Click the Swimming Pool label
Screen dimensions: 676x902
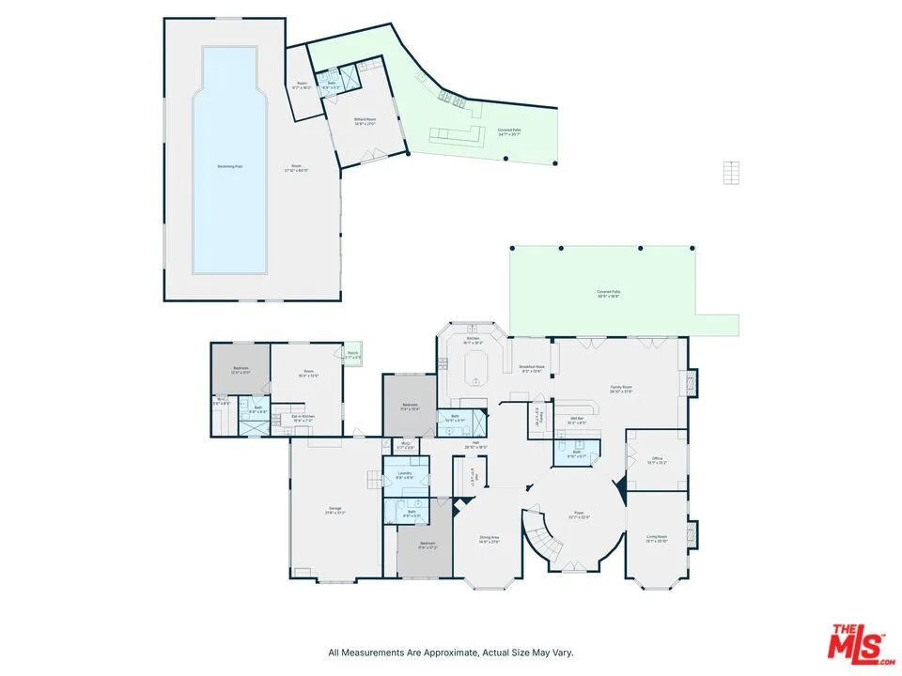230,166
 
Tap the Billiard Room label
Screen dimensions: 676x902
365,122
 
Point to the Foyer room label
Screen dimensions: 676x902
581,515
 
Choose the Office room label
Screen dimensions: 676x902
657,459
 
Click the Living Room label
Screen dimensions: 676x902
657,537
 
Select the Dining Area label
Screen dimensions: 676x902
489,538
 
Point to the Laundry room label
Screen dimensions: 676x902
405,473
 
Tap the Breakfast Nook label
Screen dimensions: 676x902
532,367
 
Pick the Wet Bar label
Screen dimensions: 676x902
577,420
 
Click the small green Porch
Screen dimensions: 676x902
354,354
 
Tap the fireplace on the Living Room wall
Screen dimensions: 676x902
693,535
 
